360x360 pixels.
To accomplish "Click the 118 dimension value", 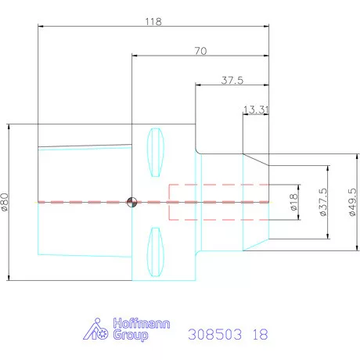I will pos(153,22).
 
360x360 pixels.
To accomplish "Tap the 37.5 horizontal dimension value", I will pos(232,80).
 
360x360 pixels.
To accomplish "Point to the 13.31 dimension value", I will pos(256,110).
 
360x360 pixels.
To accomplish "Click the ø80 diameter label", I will pos(5,203).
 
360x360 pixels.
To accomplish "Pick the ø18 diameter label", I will pos(294,203).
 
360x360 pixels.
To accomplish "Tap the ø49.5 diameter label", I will pos(352,203).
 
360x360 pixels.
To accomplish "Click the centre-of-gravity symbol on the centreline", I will pos(132,203).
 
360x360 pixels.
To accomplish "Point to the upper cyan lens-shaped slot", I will pos(155,152).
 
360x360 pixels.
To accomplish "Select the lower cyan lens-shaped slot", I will pos(155,252).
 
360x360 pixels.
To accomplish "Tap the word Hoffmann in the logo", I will pos(139,323).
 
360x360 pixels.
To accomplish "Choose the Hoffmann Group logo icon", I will pos(95,329).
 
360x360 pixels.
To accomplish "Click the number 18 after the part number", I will pos(260,333).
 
